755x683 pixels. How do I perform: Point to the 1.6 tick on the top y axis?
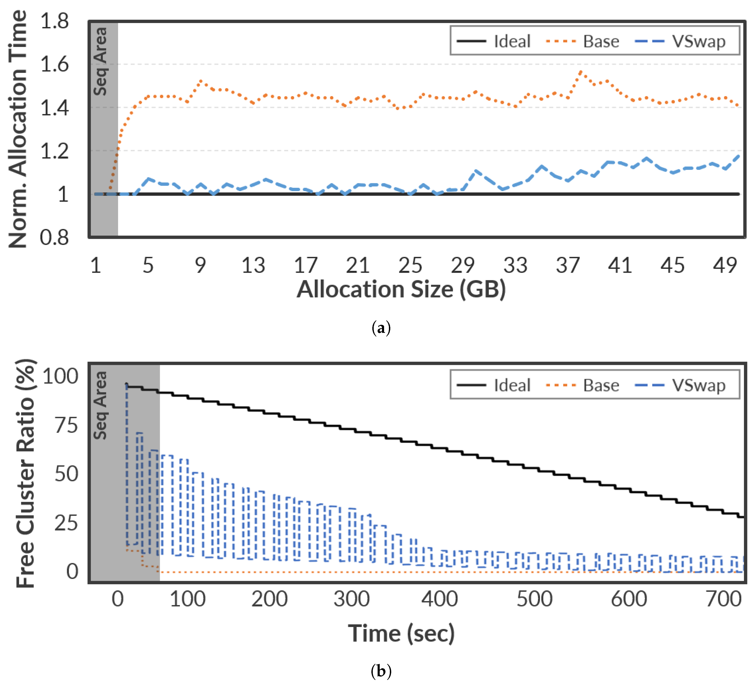coord(55,64)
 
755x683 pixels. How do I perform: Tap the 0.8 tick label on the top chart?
coord(55,237)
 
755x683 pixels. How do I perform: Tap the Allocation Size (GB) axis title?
coord(401,290)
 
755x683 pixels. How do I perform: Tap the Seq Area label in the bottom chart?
coord(100,405)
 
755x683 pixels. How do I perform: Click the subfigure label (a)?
coord(381,328)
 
